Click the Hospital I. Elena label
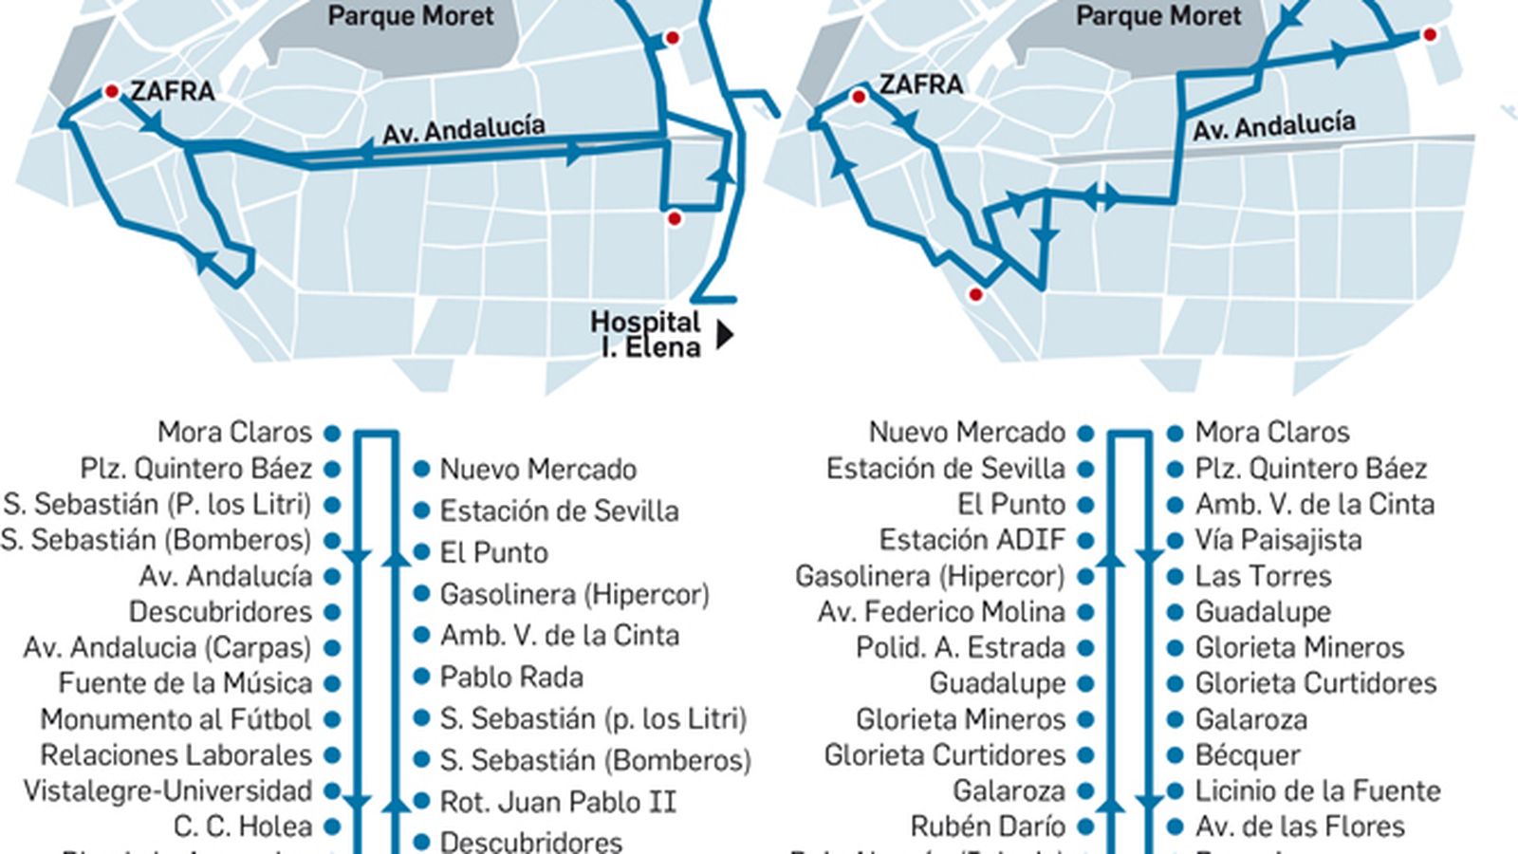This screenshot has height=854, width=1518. pyautogui.click(x=646, y=335)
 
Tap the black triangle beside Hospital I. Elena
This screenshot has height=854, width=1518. pyautogui.click(x=725, y=335)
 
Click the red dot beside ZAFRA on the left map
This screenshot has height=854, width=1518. pyautogui.click(x=111, y=91)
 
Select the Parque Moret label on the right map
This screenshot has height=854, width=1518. pyautogui.click(x=1158, y=16)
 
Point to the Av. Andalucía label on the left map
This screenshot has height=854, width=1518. pyautogui.click(x=464, y=130)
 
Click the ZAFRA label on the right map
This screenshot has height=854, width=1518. pyautogui.click(x=921, y=84)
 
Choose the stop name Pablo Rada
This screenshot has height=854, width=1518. pyautogui.click(x=511, y=678)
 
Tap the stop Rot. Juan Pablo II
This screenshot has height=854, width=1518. pyautogui.click(x=558, y=802)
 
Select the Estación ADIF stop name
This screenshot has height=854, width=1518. pyautogui.click(x=972, y=540)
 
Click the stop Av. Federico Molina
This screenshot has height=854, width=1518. pyautogui.click(x=941, y=612)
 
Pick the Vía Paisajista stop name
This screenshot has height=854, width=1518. pyautogui.click(x=1278, y=540)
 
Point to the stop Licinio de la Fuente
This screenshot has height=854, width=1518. pyautogui.click(x=1318, y=790)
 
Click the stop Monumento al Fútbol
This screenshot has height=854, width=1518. pyautogui.click(x=176, y=719)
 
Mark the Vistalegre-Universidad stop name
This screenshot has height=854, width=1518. pyautogui.click(x=168, y=790)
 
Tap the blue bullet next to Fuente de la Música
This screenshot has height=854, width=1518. pyautogui.click(x=332, y=683)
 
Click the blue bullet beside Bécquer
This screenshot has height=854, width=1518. pyautogui.click(x=1176, y=755)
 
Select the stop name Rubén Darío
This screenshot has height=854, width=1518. pyautogui.click(x=988, y=826)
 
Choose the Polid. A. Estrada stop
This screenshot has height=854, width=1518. pyautogui.click(x=960, y=648)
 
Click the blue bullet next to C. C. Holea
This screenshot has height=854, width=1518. pyautogui.click(x=332, y=826)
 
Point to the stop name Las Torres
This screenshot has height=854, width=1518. pyautogui.click(x=1263, y=576)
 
